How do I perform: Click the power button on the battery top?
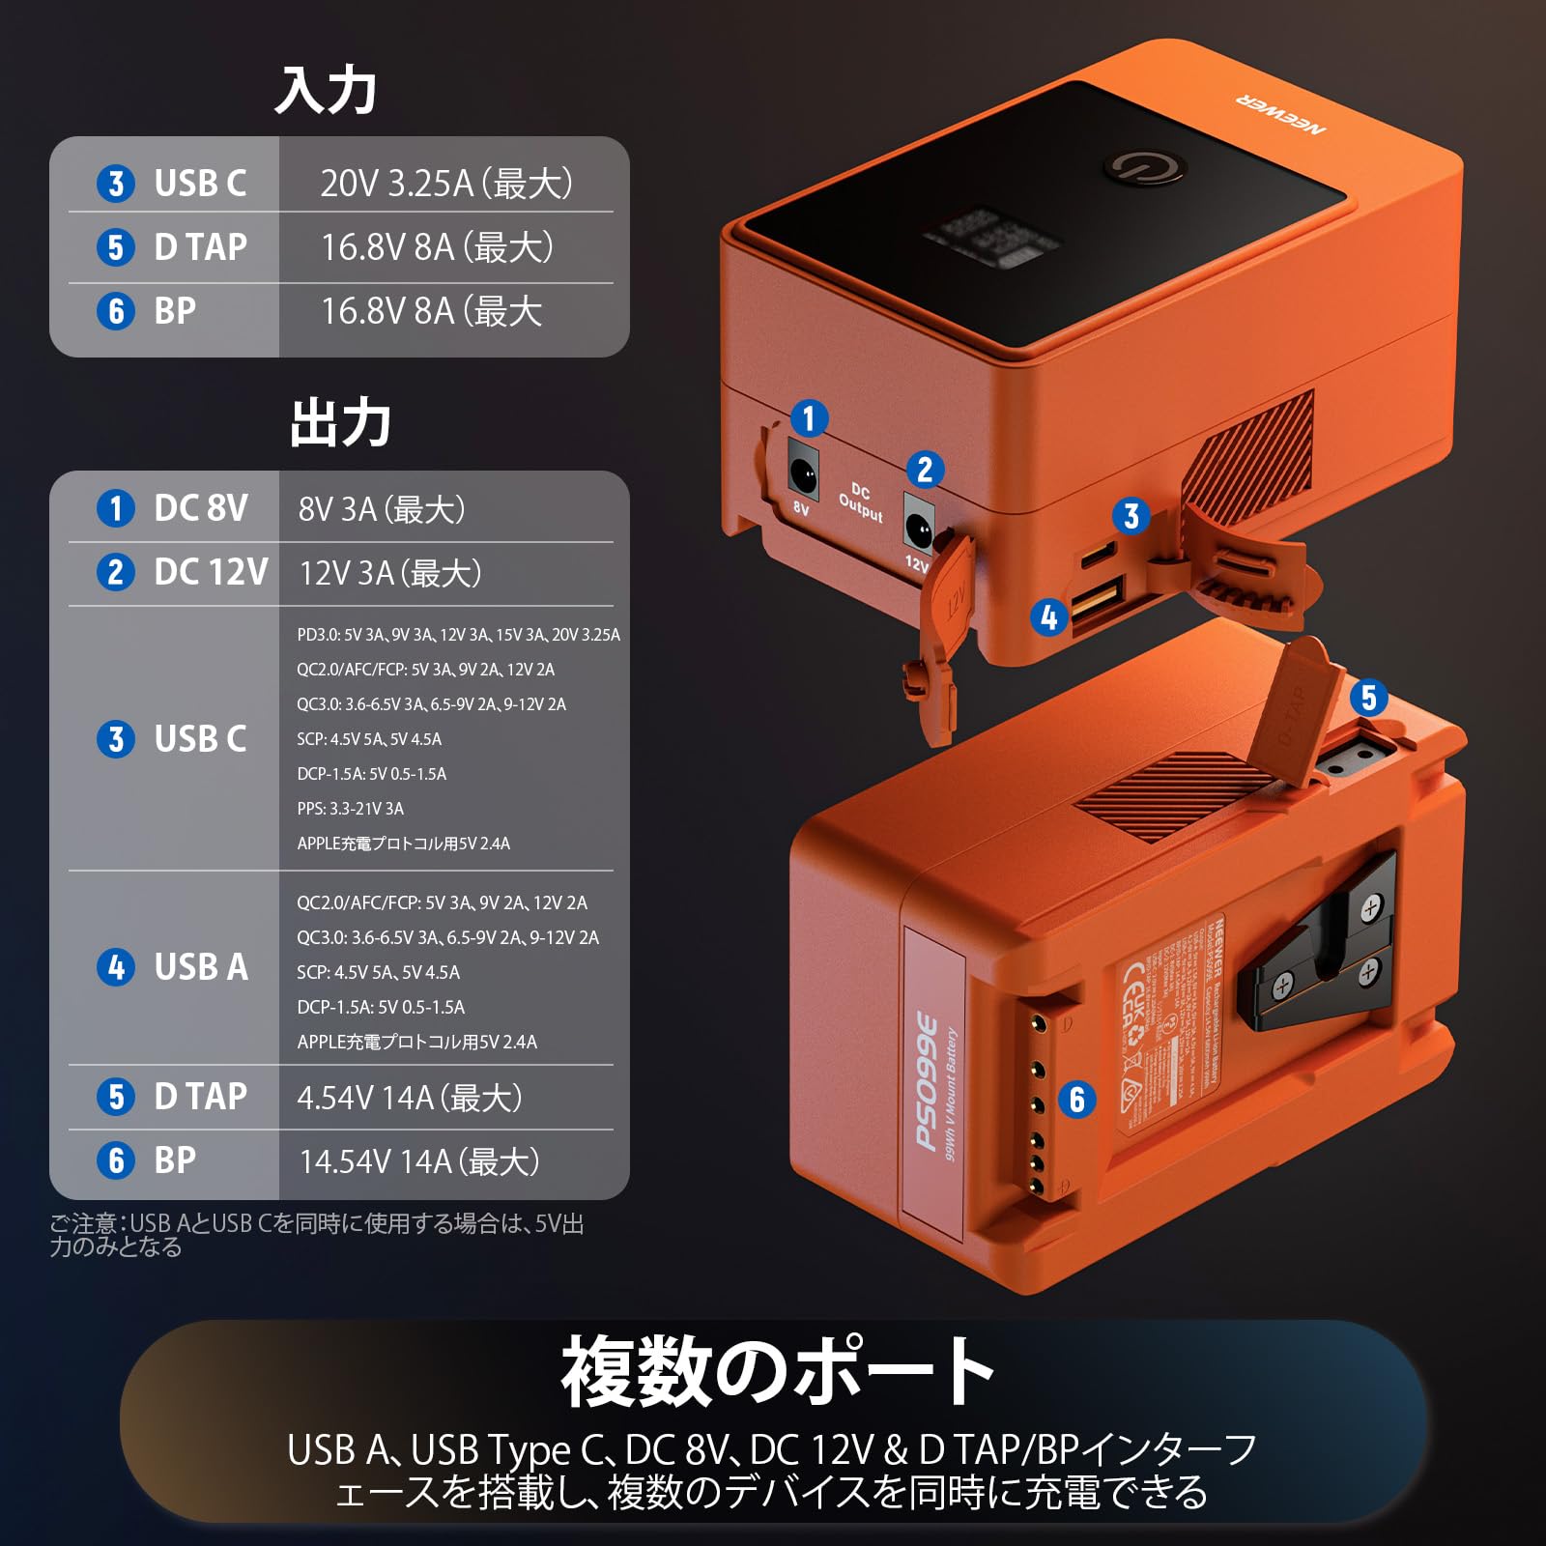coord(1146,168)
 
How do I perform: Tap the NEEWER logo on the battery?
coord(1281,114)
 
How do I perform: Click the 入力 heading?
coord(326,91)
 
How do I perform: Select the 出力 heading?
coord(340,423)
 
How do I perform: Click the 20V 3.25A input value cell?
coord(446,184)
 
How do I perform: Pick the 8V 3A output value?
coord(382,509)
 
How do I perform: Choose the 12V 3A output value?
coord(390,573)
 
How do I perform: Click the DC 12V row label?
coord(211,572)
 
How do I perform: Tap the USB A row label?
coord(200,967)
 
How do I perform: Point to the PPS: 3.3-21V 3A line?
coord(350,809)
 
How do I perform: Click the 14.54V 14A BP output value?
coord(419,1161)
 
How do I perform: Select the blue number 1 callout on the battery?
coord(809,418)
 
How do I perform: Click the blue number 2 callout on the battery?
coord(925,470)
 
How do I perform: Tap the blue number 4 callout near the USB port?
coord(1049,617)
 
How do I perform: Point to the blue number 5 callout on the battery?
coord(1368,698)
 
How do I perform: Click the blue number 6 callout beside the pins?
coord(1077,1100)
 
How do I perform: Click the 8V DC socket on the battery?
coord(803,473)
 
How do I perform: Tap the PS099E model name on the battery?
coord(927,1082)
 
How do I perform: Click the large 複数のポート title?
coord(778,1372)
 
